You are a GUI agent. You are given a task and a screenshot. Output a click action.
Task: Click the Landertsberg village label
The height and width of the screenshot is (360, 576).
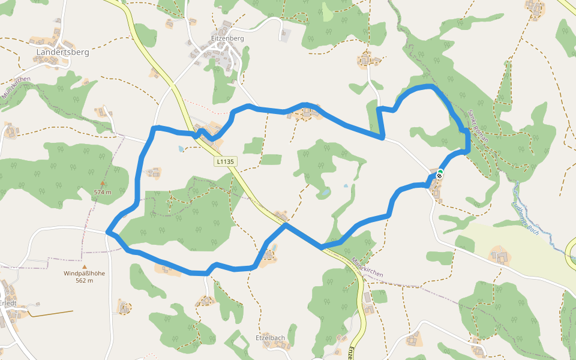click(62, 52)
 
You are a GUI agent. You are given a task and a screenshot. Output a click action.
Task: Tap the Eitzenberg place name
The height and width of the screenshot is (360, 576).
click(227, 38)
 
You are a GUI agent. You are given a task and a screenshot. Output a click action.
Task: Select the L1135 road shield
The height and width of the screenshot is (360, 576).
click(226, 161)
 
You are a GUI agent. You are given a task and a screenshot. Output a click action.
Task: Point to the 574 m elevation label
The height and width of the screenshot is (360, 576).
click(103, 192)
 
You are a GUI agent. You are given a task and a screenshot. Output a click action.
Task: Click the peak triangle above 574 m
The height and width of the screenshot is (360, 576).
click(103, 184)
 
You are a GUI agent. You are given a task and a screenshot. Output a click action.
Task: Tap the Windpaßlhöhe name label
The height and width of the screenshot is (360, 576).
click(84, 274)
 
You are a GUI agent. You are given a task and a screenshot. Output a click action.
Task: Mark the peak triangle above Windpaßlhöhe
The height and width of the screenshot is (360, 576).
click(85, 266)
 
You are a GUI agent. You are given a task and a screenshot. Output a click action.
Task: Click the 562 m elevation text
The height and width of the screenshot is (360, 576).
click(84, 281)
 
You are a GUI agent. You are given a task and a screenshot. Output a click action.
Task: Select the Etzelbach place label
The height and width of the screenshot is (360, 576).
click(270, 338)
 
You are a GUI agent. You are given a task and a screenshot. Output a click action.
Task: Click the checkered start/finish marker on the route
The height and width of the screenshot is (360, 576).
click(440, 176)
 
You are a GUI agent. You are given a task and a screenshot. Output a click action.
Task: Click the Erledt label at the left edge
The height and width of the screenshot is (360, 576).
click(8, 302)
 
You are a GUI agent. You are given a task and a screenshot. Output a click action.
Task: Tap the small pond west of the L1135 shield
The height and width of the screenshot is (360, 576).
click(181, 148)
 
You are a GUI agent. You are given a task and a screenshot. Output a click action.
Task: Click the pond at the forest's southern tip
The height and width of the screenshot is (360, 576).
click(325, 193)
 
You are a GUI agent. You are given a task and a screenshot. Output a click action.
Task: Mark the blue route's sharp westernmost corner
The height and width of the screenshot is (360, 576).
click(107, 231)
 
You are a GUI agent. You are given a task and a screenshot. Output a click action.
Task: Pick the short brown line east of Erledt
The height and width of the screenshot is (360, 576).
click(52, 313)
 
